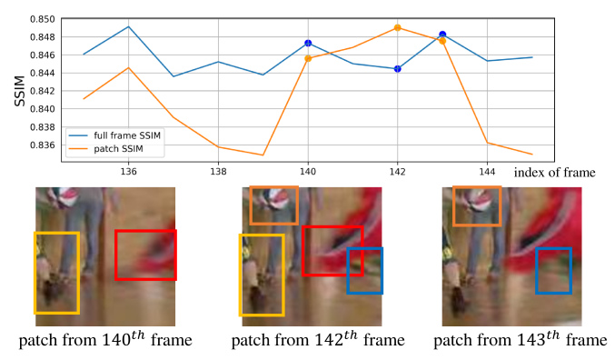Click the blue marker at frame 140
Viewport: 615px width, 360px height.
click(x=308, y=44)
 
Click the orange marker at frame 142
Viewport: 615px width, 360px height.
click(x=397, y=28)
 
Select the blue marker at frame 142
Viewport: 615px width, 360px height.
click(x=397, y=69)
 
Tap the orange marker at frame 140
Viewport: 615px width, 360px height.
click(x=308, y=58)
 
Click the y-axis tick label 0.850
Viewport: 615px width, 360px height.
click(x=41, y=19)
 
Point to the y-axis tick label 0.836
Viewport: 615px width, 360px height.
click(x=41, y=145)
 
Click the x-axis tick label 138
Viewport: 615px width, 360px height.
click(x=218, y=171)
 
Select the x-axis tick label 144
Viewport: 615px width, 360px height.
click(x=486, y=171)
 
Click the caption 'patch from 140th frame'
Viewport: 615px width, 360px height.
click(x=110, y=341)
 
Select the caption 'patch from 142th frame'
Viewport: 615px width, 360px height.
click(x=317, y=341)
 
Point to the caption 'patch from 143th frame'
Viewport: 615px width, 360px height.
click(x=520, y=341)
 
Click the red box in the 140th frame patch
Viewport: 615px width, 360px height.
click(x=145, y=255)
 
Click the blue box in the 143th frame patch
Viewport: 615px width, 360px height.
click(x=552, y=270)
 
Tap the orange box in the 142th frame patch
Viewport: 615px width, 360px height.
click(x=273, y=205)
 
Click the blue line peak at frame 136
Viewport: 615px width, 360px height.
click(x=129, y=26)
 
